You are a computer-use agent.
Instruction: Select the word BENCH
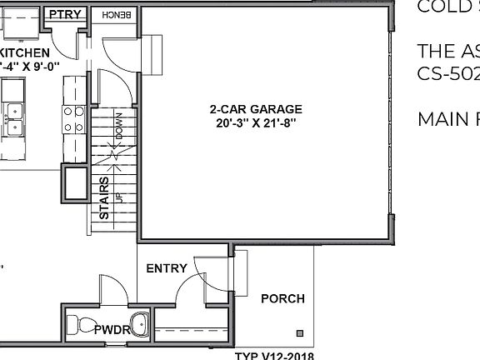117,15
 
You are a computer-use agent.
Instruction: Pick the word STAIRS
104,197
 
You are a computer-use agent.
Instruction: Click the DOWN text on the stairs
119,125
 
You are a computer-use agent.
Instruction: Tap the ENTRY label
166,268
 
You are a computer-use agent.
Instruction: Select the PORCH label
282,298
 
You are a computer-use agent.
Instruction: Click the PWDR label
112,329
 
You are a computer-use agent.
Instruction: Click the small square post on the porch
300,335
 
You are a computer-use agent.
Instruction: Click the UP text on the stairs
118,197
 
